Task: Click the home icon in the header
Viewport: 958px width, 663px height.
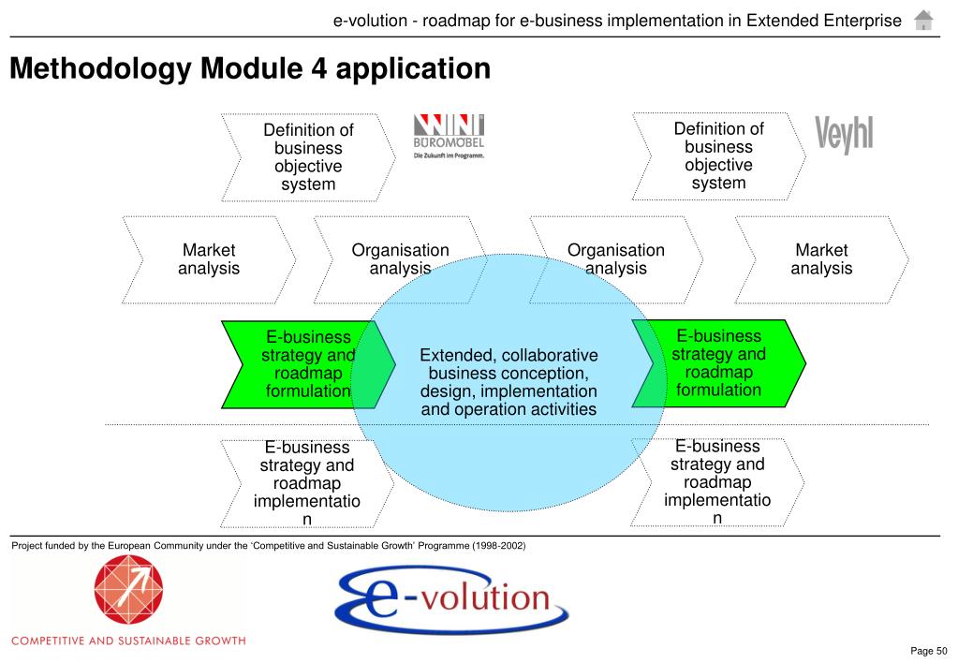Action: (923, 20)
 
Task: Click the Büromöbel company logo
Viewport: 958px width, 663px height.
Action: (449, 137)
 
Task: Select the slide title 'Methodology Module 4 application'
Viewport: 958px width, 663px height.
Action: (250, 68)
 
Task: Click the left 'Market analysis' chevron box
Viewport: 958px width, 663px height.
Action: (209, 259)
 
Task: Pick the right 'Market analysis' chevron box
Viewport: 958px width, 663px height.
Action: (821, 259)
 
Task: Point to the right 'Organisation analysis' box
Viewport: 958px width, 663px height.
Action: (615, 259)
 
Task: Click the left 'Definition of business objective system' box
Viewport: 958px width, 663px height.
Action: (308, 157)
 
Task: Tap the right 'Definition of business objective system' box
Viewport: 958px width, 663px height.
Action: (718, 155)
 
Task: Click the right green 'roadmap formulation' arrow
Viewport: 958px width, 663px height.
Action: (718, 362)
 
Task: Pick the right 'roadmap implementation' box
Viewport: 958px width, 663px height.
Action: (717, 481)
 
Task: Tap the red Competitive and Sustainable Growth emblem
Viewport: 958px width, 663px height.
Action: (127, 593)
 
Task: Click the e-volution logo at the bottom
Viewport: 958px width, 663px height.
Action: (451, 598)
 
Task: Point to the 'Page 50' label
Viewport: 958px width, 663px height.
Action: (929, 651)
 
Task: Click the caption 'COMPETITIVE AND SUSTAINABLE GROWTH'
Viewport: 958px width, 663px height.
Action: (128, 641)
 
